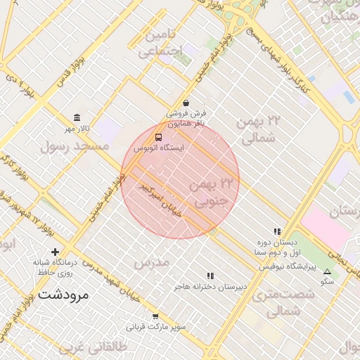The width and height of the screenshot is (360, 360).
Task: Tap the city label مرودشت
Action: click(x=63, y=295)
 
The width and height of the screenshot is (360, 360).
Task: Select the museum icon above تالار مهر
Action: click(x=77, y=117)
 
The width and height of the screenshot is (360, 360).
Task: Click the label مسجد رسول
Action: click(x=75, y=146)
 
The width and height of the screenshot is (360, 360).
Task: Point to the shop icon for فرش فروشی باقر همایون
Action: click(x=186, y=103)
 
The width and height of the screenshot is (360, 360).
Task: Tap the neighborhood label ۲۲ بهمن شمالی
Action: click(x=259, y=130)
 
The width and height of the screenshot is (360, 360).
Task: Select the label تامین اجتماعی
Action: click(x=161, y=43)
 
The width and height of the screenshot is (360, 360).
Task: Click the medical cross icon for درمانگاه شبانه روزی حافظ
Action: click(x=56, y=252)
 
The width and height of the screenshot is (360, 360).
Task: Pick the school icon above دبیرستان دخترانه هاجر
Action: click(x=210, y=276)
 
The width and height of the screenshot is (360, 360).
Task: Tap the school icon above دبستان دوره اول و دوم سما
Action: click(x=277, y=231)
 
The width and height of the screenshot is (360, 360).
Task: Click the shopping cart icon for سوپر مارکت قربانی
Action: click(x=155, y=316)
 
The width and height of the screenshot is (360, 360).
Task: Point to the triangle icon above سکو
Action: click(x=327, y=271)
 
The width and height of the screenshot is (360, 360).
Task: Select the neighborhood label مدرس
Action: click(x=152, y=262)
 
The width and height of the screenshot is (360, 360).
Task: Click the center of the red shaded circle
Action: click(x=180, y=179)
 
